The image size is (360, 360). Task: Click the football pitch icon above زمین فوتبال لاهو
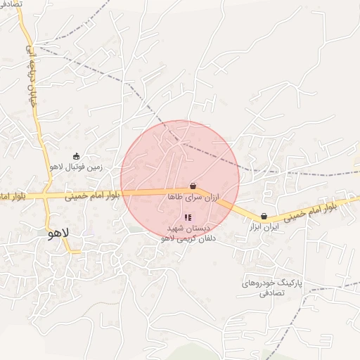pos(77,156)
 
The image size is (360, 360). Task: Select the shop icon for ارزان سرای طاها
pos(193,186)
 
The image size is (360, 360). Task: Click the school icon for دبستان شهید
pos(187,217)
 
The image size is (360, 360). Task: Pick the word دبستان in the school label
pos(198,229)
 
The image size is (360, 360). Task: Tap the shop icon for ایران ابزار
pos(264,217)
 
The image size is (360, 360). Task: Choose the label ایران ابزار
pos(264,228)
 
